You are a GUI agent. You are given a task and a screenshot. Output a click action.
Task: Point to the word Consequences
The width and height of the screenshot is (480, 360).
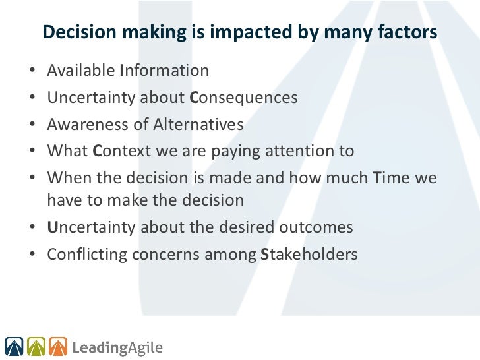pyautogui.click(x=243, y=98)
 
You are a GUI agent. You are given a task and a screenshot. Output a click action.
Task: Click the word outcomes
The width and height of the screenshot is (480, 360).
pyautogui.click(x=316, y=227)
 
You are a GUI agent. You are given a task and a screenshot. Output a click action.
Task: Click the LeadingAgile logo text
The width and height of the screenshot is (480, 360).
pyautogui.click(x=117, y=346)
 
